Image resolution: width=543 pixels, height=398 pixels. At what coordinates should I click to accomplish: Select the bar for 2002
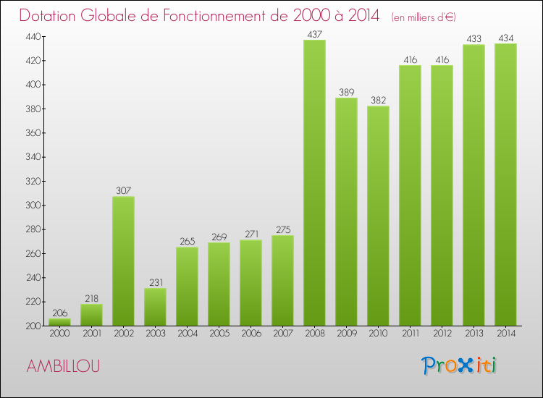click(123, 261)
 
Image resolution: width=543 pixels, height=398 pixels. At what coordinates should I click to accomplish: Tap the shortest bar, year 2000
click(59, 322)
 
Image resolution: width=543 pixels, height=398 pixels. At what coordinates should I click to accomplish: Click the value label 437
click(314, 34)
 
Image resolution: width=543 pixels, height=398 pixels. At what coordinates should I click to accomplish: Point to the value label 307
click(123, 191)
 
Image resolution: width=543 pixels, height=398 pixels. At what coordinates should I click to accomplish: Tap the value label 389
click(346, 92)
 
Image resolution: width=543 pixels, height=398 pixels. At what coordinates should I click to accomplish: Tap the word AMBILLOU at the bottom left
click(64, 366)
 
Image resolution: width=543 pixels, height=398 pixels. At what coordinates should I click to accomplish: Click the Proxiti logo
click(459, 365)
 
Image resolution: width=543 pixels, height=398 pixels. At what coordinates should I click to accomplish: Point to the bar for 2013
click(473, 185)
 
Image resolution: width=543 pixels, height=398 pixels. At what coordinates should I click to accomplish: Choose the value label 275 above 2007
click(282, 229)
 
